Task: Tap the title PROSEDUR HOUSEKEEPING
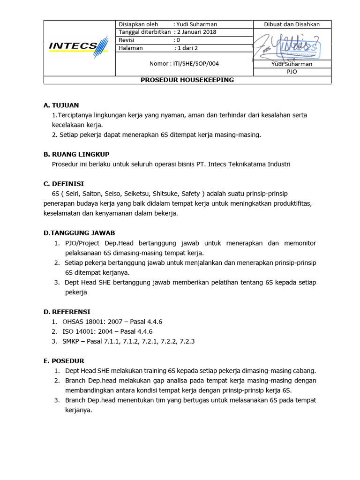[187, 80]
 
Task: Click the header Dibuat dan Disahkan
[292, 24]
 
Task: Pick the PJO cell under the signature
[292, 72]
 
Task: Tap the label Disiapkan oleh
[139, 24]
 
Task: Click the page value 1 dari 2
[186, 48]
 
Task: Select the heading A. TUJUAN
[61, 105]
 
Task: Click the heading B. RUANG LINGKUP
[76, 154]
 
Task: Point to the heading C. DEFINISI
[64, 184]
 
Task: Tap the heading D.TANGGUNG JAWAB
[79, 232]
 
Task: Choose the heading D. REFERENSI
[67, 311]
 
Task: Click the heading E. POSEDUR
[64, 360]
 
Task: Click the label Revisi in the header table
[127, 40]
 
